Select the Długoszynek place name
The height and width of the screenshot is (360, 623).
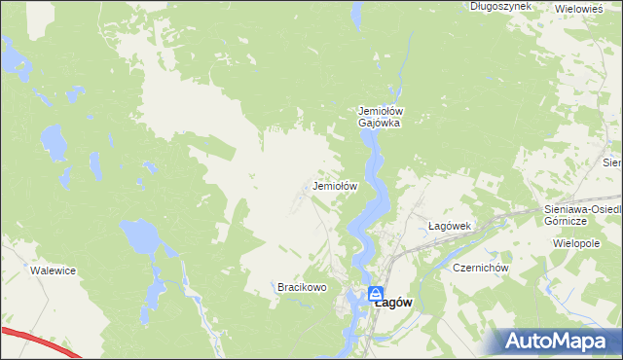[500, 6]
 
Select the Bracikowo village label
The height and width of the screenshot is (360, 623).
[300, 288]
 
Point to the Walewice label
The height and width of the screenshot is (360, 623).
[53, 270]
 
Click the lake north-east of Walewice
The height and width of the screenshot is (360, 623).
[142, 236]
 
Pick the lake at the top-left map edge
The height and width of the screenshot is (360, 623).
[16, 58]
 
